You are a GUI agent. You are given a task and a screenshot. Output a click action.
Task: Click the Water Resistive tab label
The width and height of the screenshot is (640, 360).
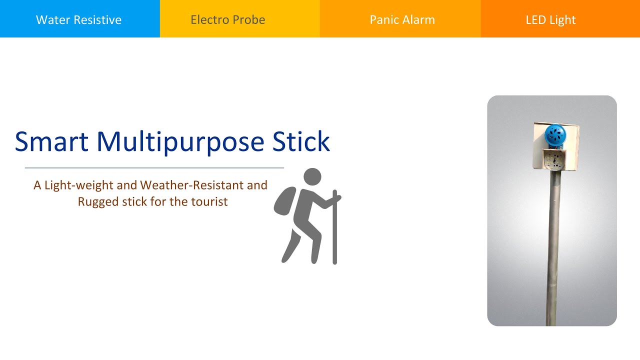click(78, 20)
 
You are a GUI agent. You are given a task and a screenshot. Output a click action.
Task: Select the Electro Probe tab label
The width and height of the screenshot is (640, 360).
click(227, 20)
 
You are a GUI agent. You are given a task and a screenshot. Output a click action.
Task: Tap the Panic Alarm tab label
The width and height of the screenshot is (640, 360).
click(402, 20)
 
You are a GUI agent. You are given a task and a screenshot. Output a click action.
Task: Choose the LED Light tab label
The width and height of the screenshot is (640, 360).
click(550, 20)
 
